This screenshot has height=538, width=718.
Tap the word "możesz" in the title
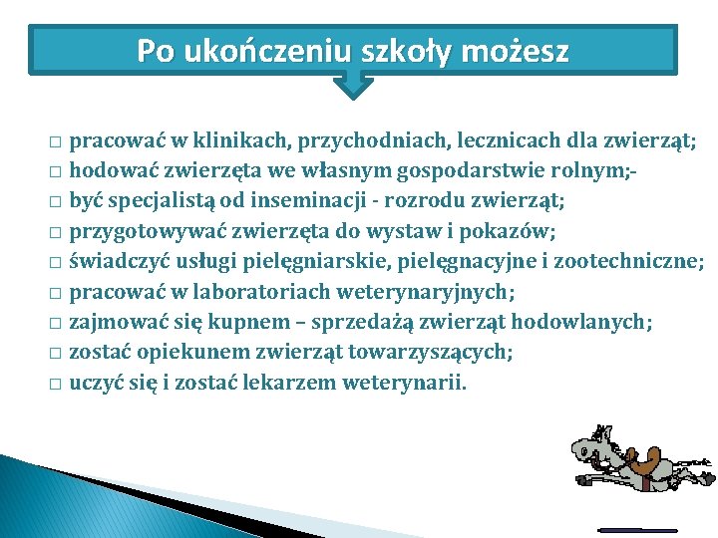point(520,50)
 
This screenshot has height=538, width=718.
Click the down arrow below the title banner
point(352,85)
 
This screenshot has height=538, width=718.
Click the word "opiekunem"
point(176,352)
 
